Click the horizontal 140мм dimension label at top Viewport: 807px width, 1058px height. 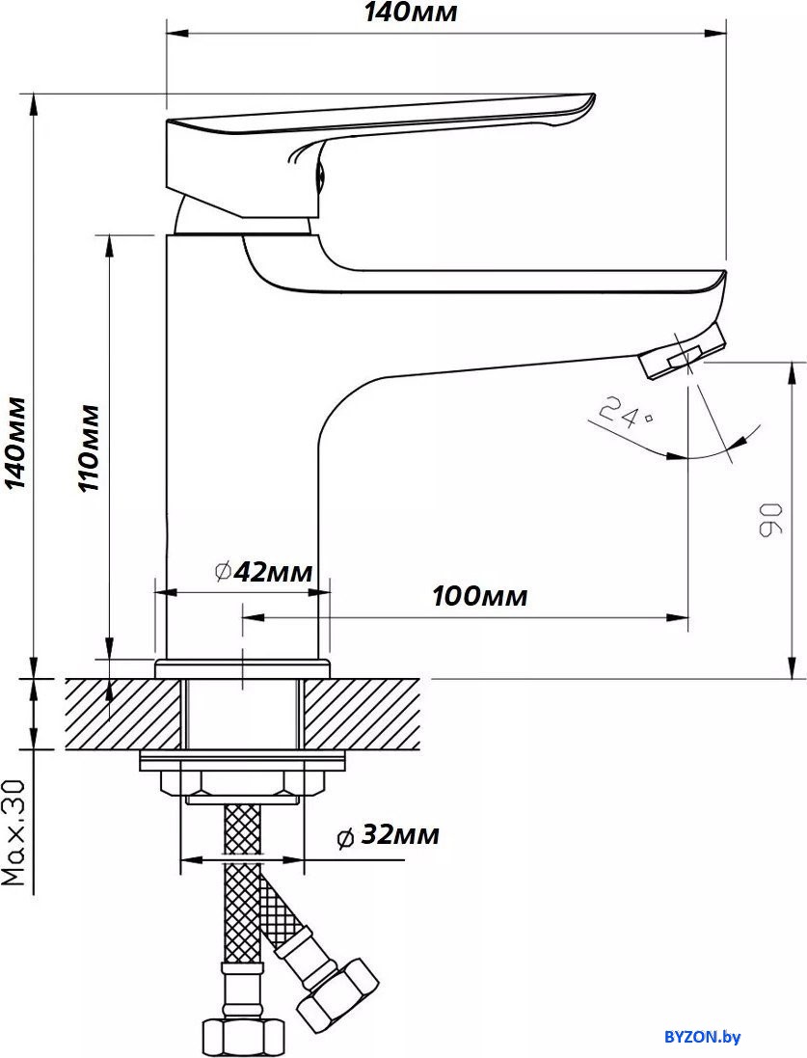[410, 13]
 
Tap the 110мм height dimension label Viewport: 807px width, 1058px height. [89, 448]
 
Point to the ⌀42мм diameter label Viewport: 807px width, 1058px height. [263, 572]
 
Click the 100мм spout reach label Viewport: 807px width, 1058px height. [479, 596]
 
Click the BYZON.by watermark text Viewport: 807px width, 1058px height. [702, 1038]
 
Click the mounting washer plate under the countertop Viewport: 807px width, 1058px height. [243, 760]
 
